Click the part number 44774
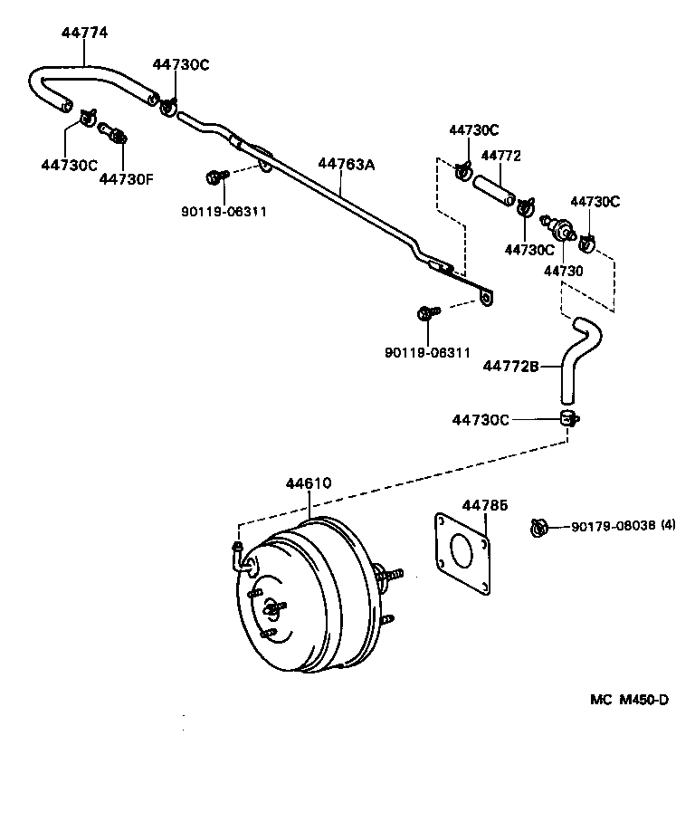tap(84, 33)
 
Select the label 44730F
tap(126, 178)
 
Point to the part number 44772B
tap(510, 367)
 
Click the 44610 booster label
tap(309, 483)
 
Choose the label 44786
tap(485, 505)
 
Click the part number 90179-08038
tap(613, 526)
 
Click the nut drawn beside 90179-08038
tap(540, 526)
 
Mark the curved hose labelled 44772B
tap(577, 353)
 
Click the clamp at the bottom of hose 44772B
tap(567, 418)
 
